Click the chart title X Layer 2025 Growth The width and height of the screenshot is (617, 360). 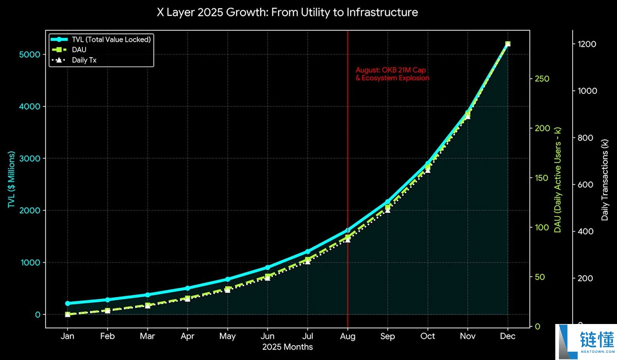pos(287,12)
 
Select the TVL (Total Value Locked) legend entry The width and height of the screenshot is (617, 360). pos(101,40)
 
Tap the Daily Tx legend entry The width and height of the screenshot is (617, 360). pos(74,60)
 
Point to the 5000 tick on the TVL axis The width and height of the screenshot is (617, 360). pos(29,55)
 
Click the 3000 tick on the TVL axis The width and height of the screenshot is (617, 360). pos(29,158)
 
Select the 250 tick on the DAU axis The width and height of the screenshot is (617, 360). pos(542,79)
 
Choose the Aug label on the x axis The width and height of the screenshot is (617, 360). pos(348,336)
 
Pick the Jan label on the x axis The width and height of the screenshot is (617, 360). pos(67,336)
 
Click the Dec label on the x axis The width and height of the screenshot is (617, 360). pos(507,336)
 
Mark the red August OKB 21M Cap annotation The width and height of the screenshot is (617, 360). pos(392,74)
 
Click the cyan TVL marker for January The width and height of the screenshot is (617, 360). pos(67,303)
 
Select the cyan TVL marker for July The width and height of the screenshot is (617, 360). pos(307,251)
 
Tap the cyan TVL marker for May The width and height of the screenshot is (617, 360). pos(227,279)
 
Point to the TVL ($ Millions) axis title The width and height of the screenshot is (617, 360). pos(11,179)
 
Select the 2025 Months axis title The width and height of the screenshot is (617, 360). pos(287,347)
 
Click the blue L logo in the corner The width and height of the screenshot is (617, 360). pos(568,342)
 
